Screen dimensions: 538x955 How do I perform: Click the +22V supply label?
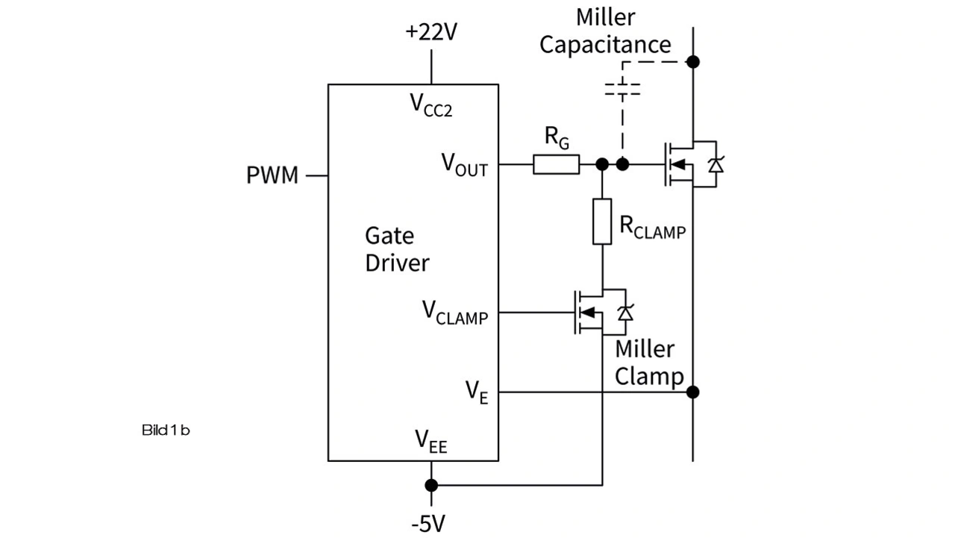click(x=430, y=33)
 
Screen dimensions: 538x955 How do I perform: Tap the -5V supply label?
click(x=428, y=524)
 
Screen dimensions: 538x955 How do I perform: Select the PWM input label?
click(x=272, y=176)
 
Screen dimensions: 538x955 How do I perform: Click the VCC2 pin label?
click(x=431, y=105)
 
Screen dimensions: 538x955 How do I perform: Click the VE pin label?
click(x=477, y=392)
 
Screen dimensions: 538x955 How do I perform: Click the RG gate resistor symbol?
click(x=556, y=164)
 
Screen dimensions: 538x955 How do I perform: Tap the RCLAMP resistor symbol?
click(x=602, y=221)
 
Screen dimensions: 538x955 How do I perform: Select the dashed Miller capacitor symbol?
click(x=621, y=90)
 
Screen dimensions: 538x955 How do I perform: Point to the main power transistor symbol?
click(x=690, y=164)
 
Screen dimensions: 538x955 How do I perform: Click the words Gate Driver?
click(x=397, y=249)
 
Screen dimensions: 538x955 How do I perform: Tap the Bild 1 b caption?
click(x=165, y=431)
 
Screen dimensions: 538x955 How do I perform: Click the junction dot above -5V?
click(x=431, y=485)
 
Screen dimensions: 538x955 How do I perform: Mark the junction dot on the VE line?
click(x=693, y=392)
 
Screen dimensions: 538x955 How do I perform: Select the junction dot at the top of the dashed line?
click(x=693, y=61)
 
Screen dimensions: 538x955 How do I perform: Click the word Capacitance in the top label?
click(x=605, y=44)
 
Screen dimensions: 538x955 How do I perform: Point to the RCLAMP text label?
click(x=652, y=228)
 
